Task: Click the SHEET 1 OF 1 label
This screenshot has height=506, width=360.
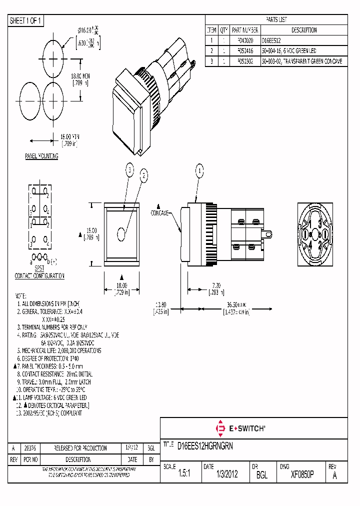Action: pos(26,20)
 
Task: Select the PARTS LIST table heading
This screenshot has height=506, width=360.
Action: pos(276,20)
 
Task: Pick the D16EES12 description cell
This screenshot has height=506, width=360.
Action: pos(272,40)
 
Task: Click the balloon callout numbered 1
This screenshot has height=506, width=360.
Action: pos(199,171)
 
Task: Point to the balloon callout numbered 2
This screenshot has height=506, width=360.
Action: pos(144,175)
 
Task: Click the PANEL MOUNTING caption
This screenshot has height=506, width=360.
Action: pos(41,156)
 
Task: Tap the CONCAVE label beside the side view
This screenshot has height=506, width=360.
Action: pos(160,212)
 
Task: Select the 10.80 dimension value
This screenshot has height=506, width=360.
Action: pos(160,304)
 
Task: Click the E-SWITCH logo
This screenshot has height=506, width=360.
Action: pos(240,428)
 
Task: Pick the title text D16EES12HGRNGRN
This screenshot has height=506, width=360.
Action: pos(205,445)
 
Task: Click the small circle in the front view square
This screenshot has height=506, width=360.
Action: pos(121,233)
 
